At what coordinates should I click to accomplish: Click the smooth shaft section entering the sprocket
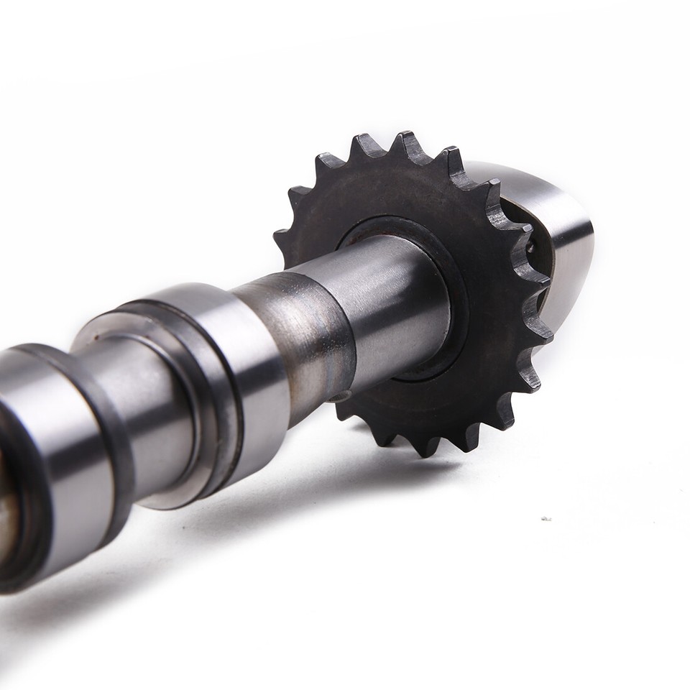[395, 302]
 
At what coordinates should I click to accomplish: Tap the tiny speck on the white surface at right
[546, 518]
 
